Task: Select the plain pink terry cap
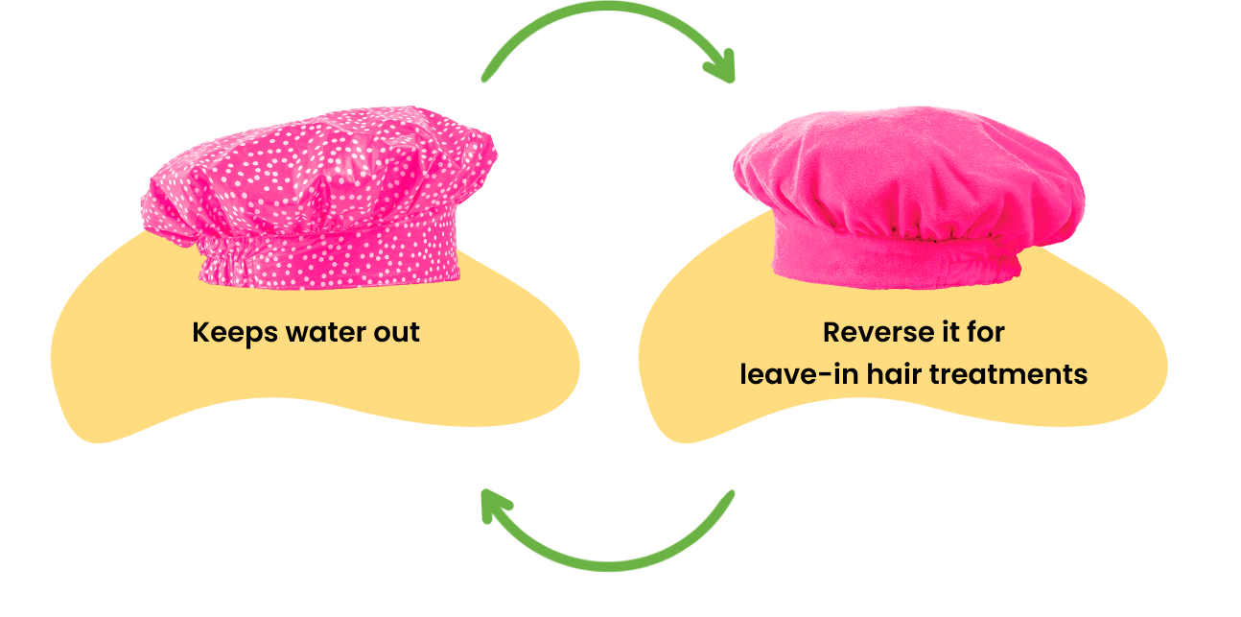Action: pos(906,202)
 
